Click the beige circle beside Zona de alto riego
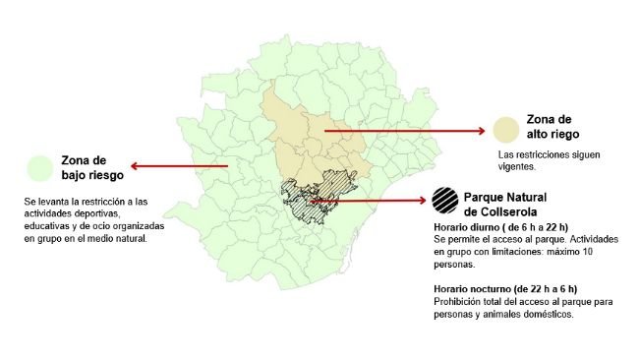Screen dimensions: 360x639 (x=505, y=129)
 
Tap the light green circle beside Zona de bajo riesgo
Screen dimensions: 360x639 (x=41, y=167)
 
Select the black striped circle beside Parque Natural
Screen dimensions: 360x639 (x=443, y=201)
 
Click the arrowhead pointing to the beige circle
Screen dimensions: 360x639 (x=481, y=130)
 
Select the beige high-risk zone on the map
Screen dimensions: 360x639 (x=315, y=138)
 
